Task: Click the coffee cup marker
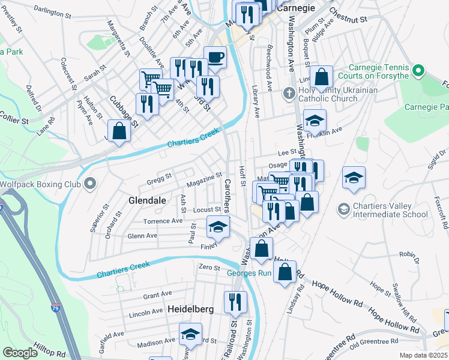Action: click(x=215, y=58)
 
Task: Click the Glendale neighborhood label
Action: click(x=146, y=201)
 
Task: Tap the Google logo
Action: click(x=20, y=353)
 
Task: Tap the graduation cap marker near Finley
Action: click(x=218, y=227)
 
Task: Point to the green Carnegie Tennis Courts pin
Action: click(x=419, y=72)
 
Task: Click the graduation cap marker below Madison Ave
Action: click(x=191, y=334)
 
